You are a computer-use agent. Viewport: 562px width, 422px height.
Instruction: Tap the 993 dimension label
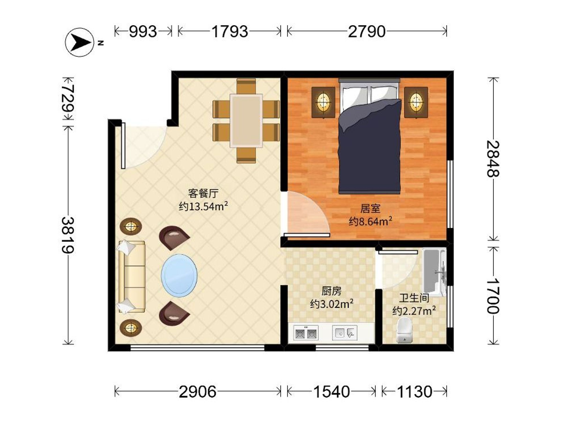coord(143,32)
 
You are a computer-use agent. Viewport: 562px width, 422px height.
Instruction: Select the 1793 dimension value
coord(230,32)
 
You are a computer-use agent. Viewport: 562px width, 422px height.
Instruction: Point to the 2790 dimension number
coord(367,32)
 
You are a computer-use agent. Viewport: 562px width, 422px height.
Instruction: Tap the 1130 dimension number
coord(414,392)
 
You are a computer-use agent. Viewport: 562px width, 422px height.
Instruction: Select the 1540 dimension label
coord(332,392)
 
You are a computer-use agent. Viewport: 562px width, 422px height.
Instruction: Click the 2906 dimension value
coord(198,392)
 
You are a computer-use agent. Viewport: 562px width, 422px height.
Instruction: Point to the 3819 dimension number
coord(68,235)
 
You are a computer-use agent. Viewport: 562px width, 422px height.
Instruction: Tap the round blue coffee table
coord(179,275)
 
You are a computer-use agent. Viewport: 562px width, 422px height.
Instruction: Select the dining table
coord(246,121)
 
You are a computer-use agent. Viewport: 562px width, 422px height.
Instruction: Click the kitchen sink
coord(345,333)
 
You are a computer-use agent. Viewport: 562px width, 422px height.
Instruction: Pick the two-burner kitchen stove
coord(306,333)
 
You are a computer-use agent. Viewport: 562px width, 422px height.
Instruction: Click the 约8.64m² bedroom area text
coord(370,222)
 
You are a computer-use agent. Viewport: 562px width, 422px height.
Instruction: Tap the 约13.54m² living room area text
coord(203,206)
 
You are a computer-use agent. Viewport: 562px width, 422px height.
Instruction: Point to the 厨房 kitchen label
coord(332,291)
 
